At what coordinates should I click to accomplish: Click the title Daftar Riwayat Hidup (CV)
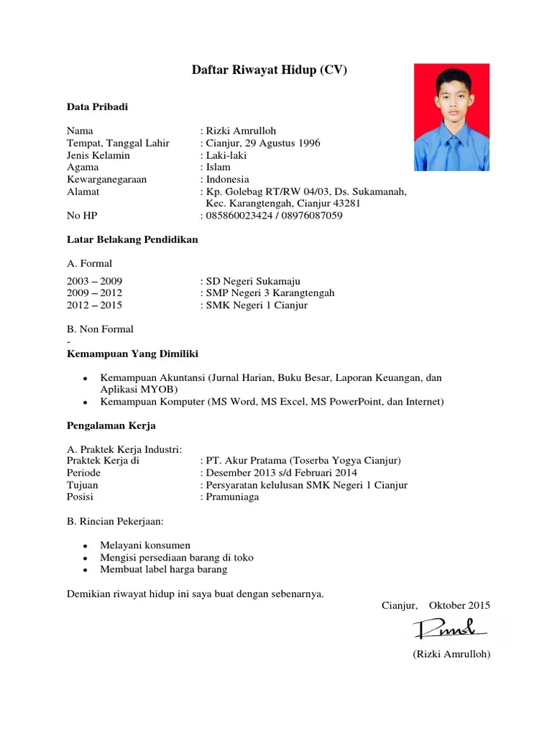click(270, 70)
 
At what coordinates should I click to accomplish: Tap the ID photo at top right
click(451, 117)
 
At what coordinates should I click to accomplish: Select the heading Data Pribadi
click(97, 107)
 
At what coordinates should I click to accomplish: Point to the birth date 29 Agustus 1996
click(280, 143)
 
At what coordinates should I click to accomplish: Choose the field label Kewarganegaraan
click(106, 180)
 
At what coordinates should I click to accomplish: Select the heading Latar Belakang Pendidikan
click(132, 239)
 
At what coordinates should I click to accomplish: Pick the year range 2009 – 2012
click(94, 293)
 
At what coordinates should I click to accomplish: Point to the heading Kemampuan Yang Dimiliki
click(132, 354)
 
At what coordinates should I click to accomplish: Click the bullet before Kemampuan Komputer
click(85, 402)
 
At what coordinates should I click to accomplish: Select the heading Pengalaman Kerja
click(111, 425)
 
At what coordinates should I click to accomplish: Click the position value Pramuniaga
click(232, 497)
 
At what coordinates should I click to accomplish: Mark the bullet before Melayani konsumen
click(85, 546)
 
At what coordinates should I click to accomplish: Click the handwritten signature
click(451, 630)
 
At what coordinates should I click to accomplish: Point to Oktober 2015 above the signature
click(459, 606)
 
